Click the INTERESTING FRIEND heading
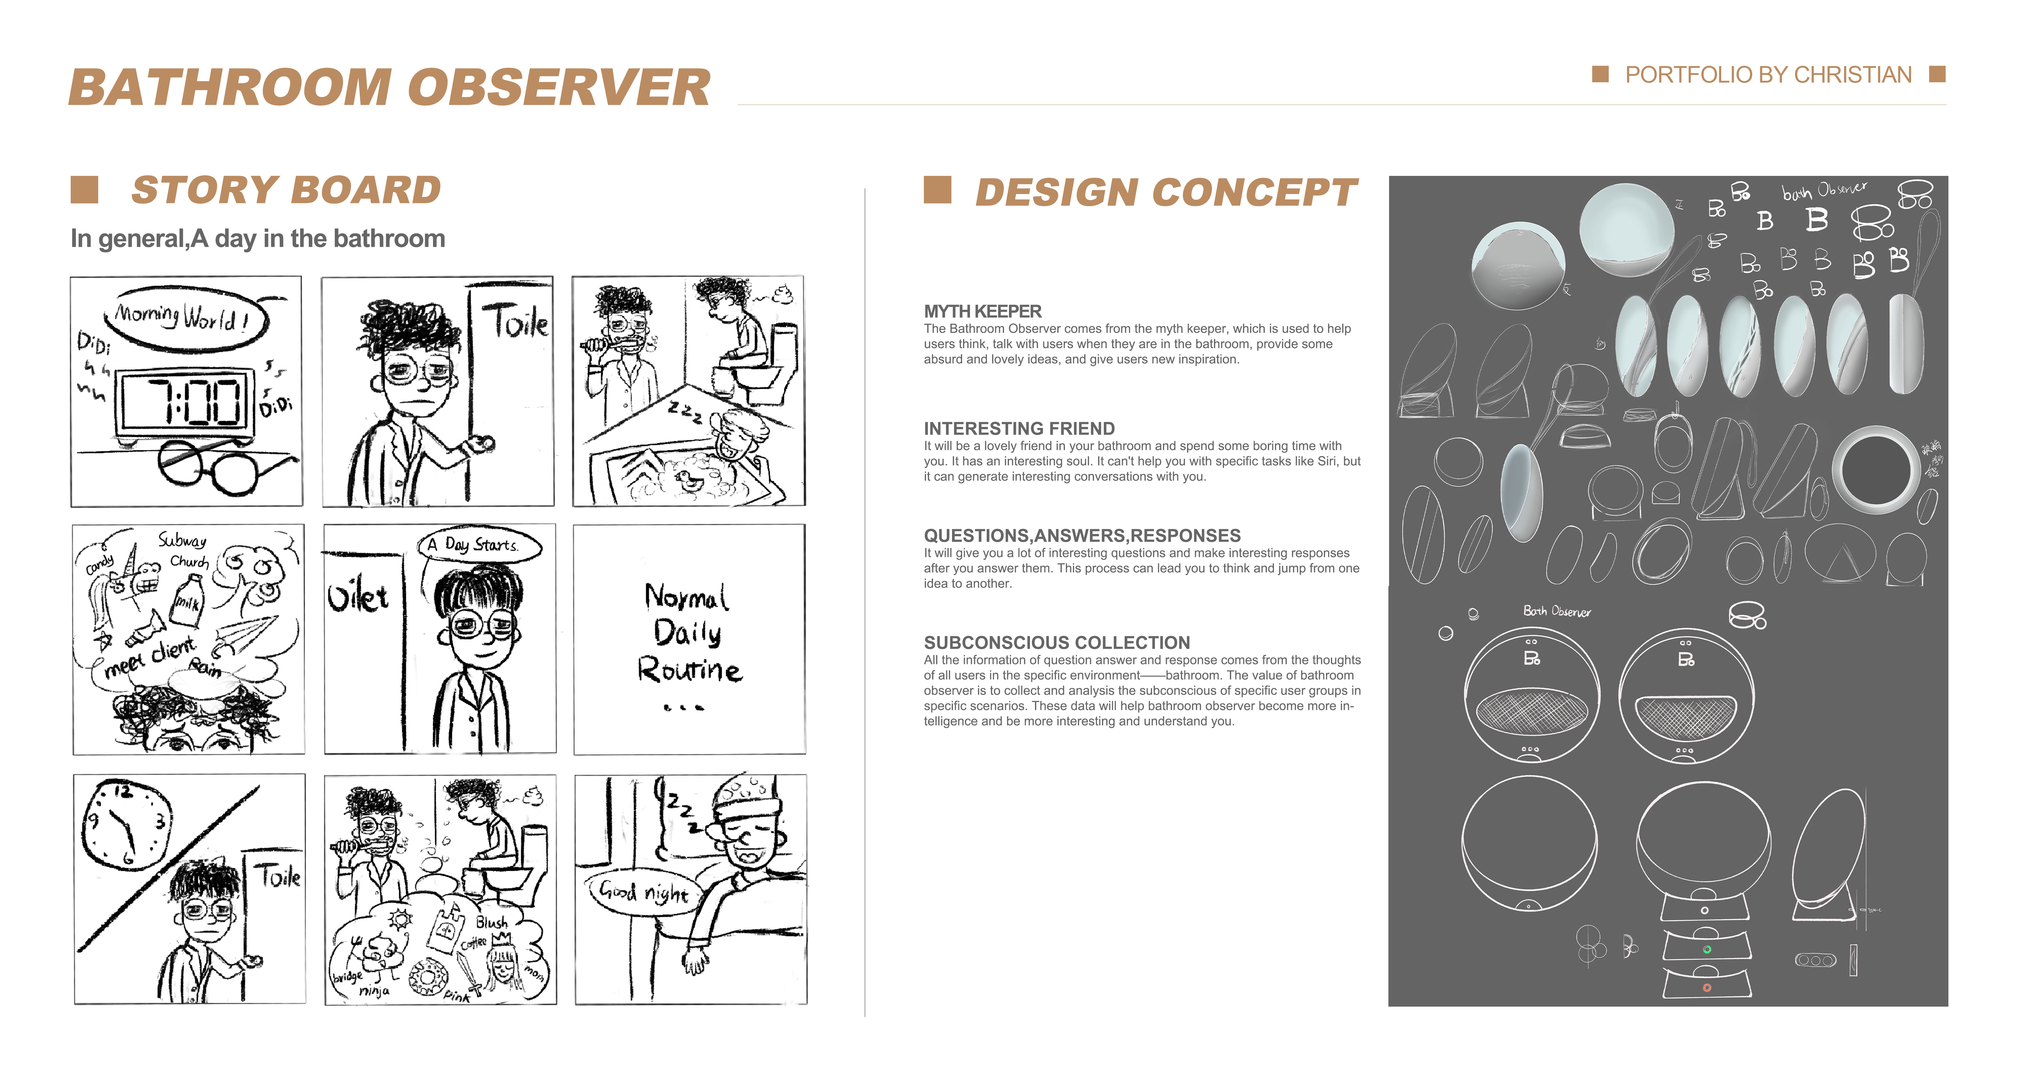coord(1019,428)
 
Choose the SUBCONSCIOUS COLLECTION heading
coord(1057,643)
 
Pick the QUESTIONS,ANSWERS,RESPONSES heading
coord(1082,536)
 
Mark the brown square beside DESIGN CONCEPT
coord(937,190)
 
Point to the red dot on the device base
coord(1707,987)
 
